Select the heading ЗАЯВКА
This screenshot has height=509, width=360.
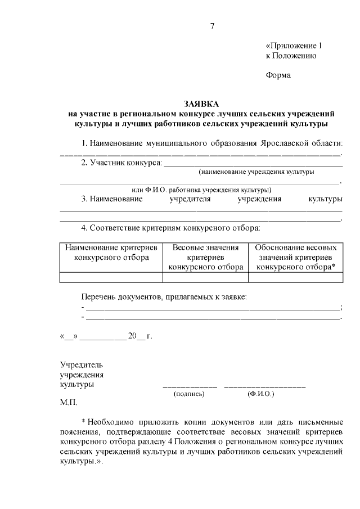(201, 105)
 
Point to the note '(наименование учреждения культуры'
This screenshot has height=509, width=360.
(255, 172)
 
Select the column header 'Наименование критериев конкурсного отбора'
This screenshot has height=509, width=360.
(111, 253)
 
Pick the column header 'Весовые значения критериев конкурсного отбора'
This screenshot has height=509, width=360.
(205, 257)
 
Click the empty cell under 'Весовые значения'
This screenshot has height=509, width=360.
(205, 277)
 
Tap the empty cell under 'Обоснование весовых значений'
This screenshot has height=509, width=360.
(295, 277)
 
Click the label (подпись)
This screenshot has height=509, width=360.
(190, 394)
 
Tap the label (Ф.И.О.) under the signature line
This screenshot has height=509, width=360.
(260, 394)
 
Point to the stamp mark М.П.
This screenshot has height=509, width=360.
(68, 403)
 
